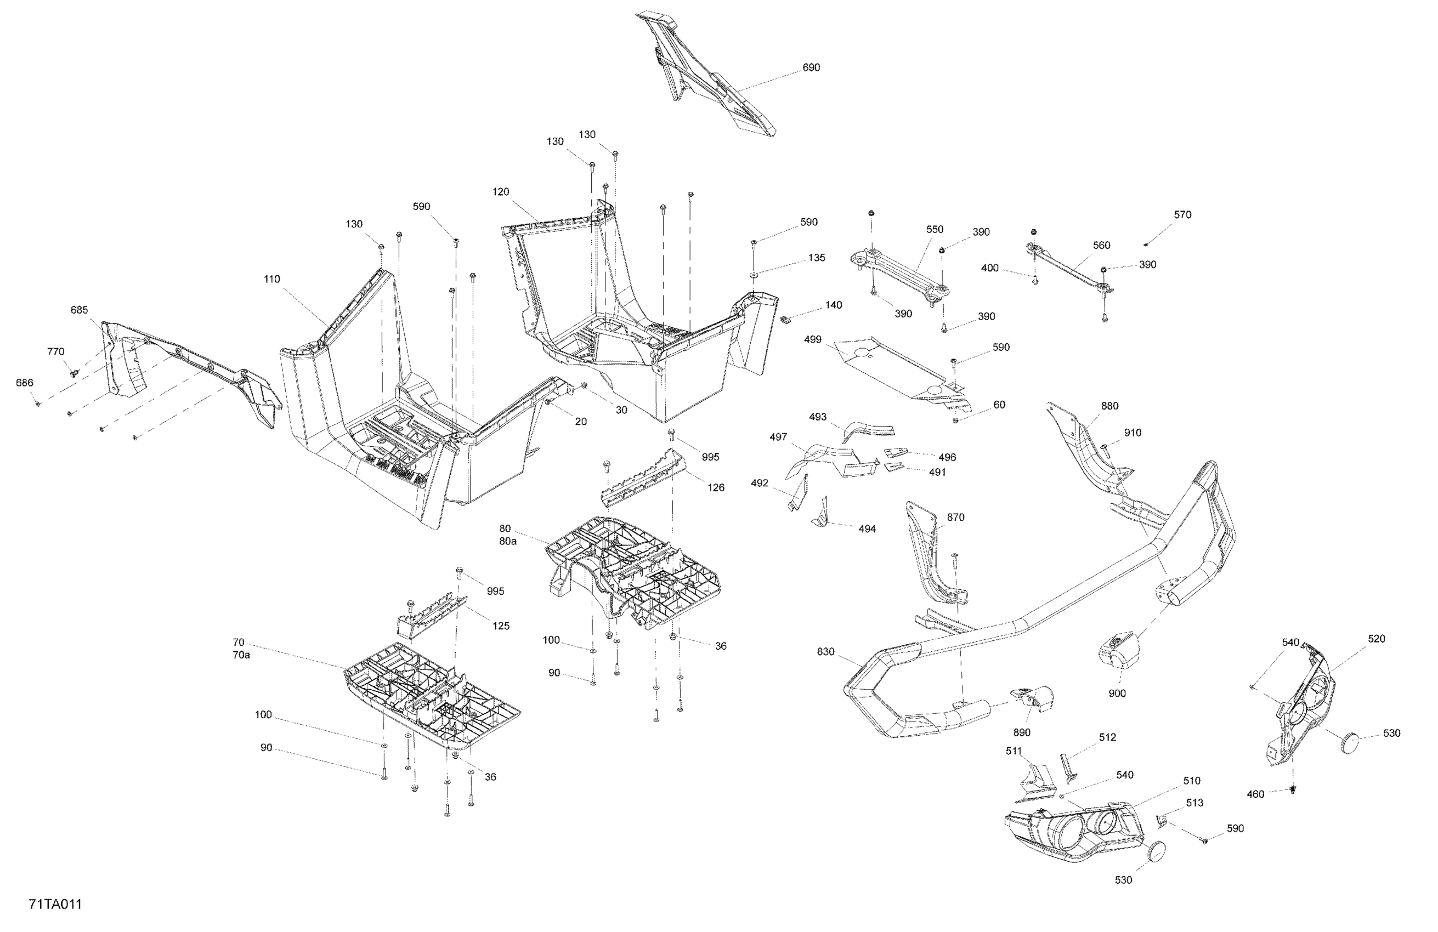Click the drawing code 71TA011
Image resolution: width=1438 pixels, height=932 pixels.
pos(55,904)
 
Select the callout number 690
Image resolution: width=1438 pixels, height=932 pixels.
pos(811,67)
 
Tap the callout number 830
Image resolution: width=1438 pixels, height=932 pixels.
pos(825,652)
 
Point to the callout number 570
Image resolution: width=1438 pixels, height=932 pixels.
pos(1182,214)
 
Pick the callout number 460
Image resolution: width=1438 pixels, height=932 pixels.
pos(1255,794)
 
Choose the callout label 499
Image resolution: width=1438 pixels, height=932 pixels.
pos(813,340)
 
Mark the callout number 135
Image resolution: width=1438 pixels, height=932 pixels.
pos(816,258)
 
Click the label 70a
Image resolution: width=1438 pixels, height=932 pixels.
pos(241,655)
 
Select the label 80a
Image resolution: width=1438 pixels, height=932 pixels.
pos(507,541)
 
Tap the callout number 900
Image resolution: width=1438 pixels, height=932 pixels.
pos(1117,694)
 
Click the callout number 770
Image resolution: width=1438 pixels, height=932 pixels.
pos(55,351)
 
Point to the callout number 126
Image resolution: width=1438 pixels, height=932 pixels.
pos(716,487)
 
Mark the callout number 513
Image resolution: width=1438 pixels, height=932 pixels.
pos(1194,803)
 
